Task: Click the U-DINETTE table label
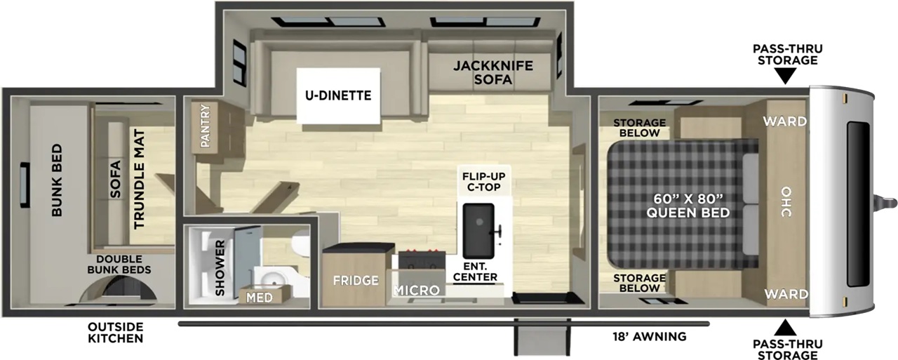(338, 95)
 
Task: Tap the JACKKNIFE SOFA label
(493, 72)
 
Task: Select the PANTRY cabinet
(205, 127)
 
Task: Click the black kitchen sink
(478, 231)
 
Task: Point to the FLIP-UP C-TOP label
(484, 182)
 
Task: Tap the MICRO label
(417, 291)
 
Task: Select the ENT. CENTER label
(475, 272)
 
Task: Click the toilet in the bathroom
(300, 244)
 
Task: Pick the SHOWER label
(220, 268)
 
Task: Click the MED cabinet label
(260, 298)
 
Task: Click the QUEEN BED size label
(688, 206)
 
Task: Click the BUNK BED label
(57, 180)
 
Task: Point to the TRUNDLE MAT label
(139, 179)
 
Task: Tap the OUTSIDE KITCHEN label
(116, 333)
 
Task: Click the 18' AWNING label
(650, 336)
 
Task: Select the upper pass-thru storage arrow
(785, 75)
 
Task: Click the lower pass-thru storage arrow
(785, 328)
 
